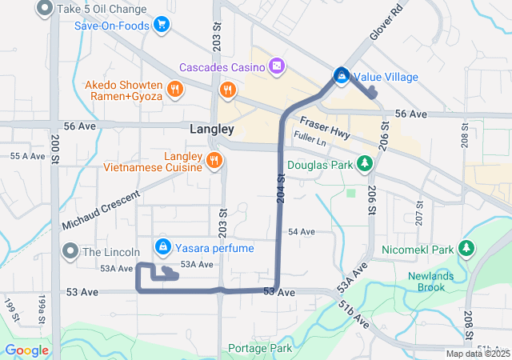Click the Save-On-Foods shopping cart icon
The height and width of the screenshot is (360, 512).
pyautogui.click(x=162, y=25)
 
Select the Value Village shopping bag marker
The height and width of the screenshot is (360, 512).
pyautogui.click(x=341, y=76)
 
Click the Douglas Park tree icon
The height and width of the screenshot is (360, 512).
pyautogui.click(x=365, y=164)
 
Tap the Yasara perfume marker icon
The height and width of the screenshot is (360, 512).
pyautogui.click(x=163, y=246)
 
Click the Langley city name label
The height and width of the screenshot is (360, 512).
pyautogui.click(x=212, y=129)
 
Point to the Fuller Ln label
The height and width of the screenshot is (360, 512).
pyautogui.click(x=311, y=139)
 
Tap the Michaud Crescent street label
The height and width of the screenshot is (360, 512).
pyautogui.click(x=101, y=208)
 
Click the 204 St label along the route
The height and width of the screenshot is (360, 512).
pyautogui.click(x=281, y=186)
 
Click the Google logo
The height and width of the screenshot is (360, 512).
pyautogui.click(x=27, y=350)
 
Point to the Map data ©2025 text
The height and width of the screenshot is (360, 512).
pyautogui.click(x=477, y=354)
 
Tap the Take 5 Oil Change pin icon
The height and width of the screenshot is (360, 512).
pyautogui.click(x=45, y=10)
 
